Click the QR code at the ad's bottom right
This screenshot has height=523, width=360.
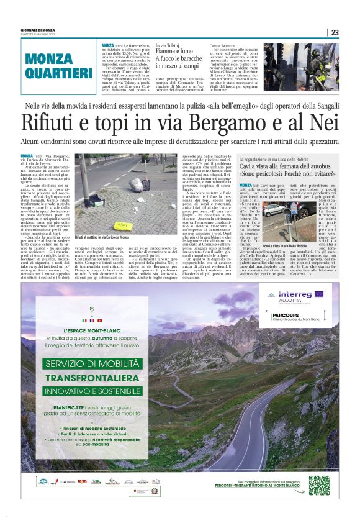click(x=319, y=485)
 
